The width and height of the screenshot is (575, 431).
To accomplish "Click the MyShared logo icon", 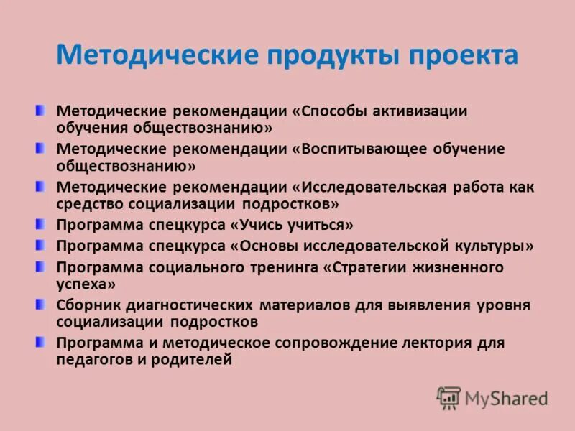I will click(448, 398).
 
